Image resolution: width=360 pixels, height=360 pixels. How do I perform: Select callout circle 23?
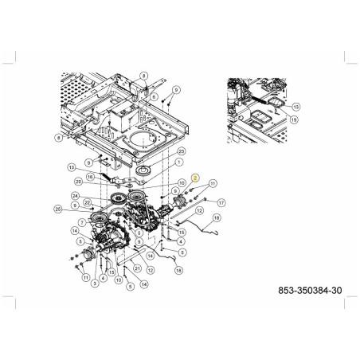[181, 151]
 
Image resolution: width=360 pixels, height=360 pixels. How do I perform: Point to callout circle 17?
[221, 202]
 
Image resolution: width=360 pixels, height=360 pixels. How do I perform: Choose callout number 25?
[57, 209]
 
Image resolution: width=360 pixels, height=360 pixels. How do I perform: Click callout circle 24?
[74, 195]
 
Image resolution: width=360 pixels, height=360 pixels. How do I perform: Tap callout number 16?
[90, 176]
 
